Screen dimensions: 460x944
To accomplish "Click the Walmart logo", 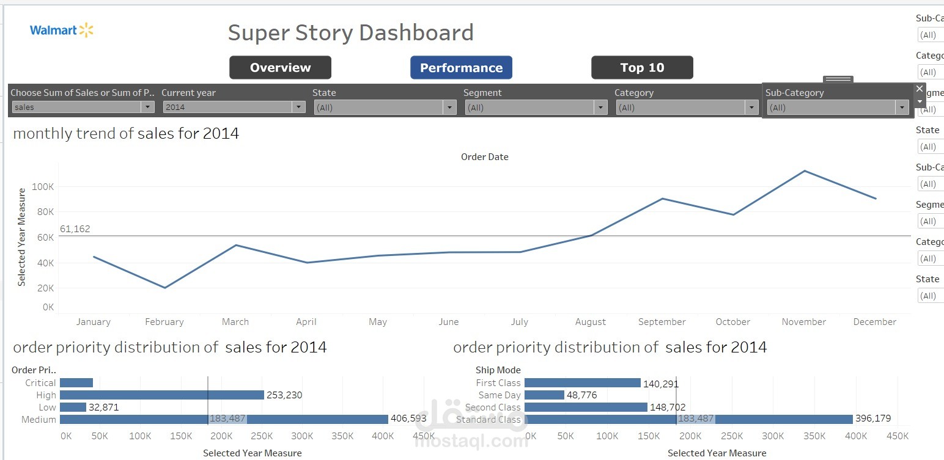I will (x=62, y=31).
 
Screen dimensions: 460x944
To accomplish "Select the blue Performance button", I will (x=461, y=68).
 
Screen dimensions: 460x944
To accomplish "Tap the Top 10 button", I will (x=642, y=68).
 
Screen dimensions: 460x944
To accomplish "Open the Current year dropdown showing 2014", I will (x=234, y=107).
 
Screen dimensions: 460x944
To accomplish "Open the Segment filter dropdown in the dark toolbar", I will (x=536, y=108).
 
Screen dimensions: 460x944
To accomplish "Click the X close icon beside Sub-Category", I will (x=920, y=89).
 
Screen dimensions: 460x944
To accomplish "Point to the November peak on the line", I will (x=804, y=171).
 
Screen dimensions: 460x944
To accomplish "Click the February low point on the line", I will (x=164, y=288).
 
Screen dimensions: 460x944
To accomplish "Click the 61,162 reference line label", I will (x=75, y=229).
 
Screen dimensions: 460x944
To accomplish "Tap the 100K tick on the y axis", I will (x=43, y=186).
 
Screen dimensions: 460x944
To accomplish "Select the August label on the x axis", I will (x=591, y=322).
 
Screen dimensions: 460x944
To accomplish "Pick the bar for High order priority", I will (x=161, y=395).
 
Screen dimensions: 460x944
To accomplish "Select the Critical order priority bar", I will (x=76, y=383).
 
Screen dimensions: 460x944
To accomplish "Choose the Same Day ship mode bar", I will (x=544, y=395).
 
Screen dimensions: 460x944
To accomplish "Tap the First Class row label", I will (x=498, y=383).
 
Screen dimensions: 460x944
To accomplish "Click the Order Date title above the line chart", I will (x=484, y=157).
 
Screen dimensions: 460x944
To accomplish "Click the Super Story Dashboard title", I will (x=350, y=32).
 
